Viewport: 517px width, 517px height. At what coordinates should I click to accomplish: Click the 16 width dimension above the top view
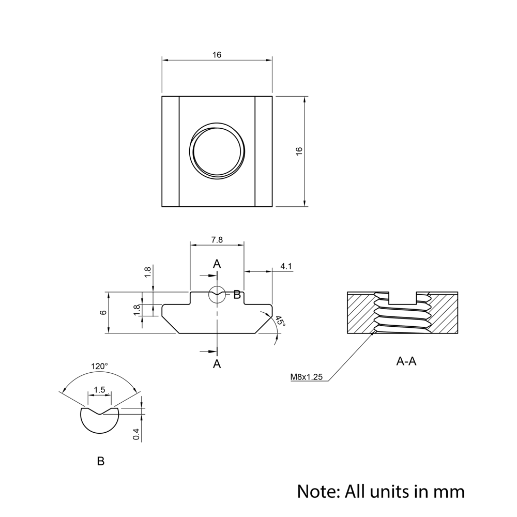pyautogui.click(x=217, y=55)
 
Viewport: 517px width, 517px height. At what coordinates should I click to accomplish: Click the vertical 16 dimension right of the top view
pyautogui.click(x=299, y=151)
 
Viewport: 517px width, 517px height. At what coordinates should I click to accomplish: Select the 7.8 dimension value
pyautogui.click(x=217, y=240)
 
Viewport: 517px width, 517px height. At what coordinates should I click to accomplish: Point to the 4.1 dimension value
pyautogui.click(x=286, y=266)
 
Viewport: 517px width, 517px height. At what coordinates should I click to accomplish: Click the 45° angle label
pyautogui.click(x=280, y=321)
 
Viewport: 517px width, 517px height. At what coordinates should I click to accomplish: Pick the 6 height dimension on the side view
pyautogui.click(x=103, y=313)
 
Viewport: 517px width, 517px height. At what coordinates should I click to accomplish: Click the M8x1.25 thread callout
pyautogui.click(x=306, y=377)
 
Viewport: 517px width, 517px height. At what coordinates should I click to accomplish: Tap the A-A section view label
pyautogui.click(x=406, y=361)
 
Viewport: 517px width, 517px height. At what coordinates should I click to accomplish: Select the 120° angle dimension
pyautogui.click(x=99, y=366)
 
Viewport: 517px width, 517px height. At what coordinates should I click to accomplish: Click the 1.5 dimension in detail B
pyautogui.click(x=100, y=390)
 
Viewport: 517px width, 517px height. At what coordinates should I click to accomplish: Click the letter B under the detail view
pyautogui.click(x=101, y=461)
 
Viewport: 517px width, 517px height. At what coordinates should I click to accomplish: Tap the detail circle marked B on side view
pyautogui.click(x=217, y=295)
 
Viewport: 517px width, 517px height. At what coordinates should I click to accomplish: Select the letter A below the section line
pyautogui.click(x=217, y=364)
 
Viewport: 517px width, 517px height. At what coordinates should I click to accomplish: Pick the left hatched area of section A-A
pyautogui.click(x=360, y=314)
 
